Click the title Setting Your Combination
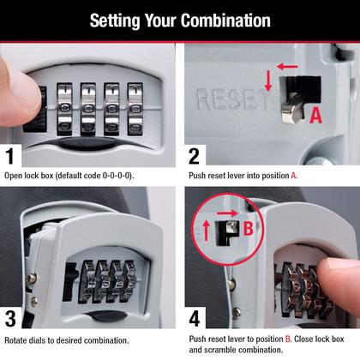[x=179, y=21]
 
